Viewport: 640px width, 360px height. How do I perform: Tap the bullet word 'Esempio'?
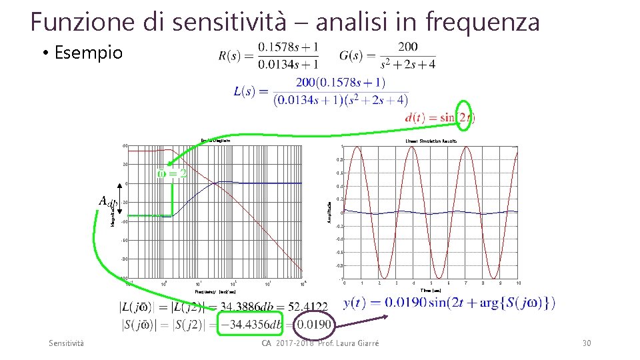coord(89,53)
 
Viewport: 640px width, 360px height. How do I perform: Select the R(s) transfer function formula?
coord(269,55)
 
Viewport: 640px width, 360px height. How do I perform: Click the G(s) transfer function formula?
coord(387,55)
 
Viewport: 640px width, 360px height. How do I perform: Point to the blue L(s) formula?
coord(321,91)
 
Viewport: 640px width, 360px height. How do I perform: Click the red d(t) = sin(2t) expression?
coord(439,117)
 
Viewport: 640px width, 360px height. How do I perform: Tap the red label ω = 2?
coord(171,174)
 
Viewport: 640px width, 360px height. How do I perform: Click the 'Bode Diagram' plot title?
coord(215,141)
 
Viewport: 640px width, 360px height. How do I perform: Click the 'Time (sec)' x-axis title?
coord(431,290)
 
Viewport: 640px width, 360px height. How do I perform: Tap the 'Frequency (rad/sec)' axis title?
coord(215,291)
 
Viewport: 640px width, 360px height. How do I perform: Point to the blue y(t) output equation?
coord(449,303)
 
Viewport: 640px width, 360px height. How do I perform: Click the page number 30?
coord(587,343)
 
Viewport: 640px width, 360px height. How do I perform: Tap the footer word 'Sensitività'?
coord(67,343)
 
